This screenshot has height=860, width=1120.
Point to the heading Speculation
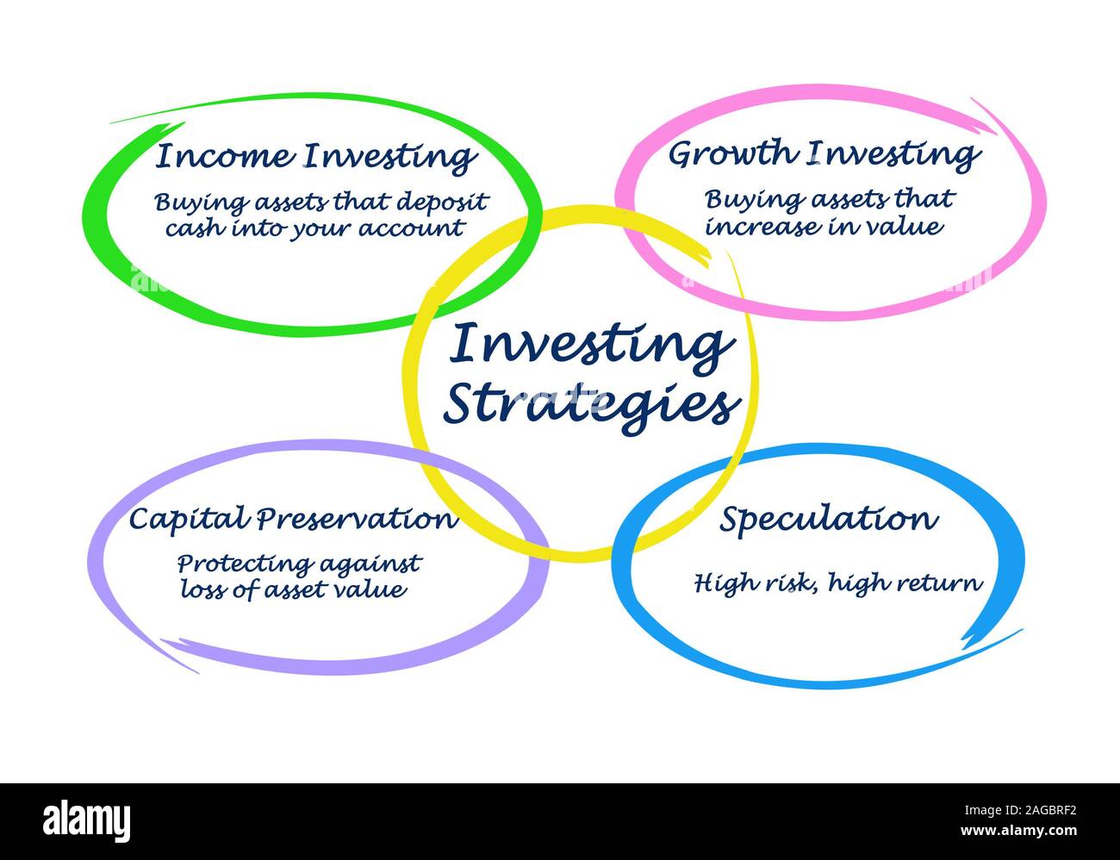(x=828, y=520)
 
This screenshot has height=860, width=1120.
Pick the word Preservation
(x=357, y=520)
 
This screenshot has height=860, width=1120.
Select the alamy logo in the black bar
(x=87, y=819)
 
